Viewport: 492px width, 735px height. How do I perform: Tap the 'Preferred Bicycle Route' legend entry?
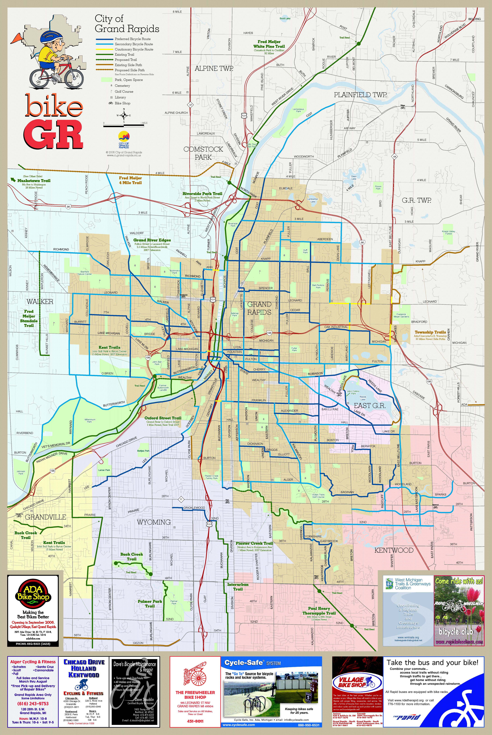coord(132,39)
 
